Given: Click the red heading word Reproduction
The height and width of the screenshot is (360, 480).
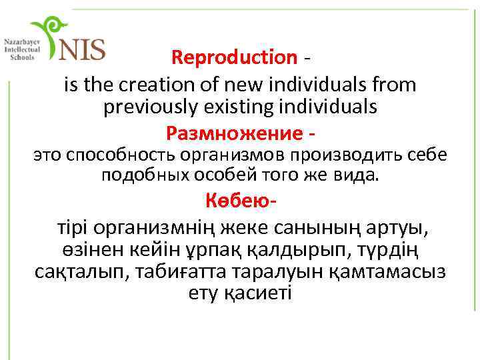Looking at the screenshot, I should click(233, 58).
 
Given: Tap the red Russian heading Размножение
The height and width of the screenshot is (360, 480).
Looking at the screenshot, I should click(233, 134).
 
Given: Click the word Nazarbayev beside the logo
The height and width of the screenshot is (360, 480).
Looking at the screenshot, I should click(21, 41).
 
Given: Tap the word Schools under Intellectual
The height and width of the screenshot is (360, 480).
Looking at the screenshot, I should click(21, 57).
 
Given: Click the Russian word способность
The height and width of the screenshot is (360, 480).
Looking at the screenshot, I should click(117, 155).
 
